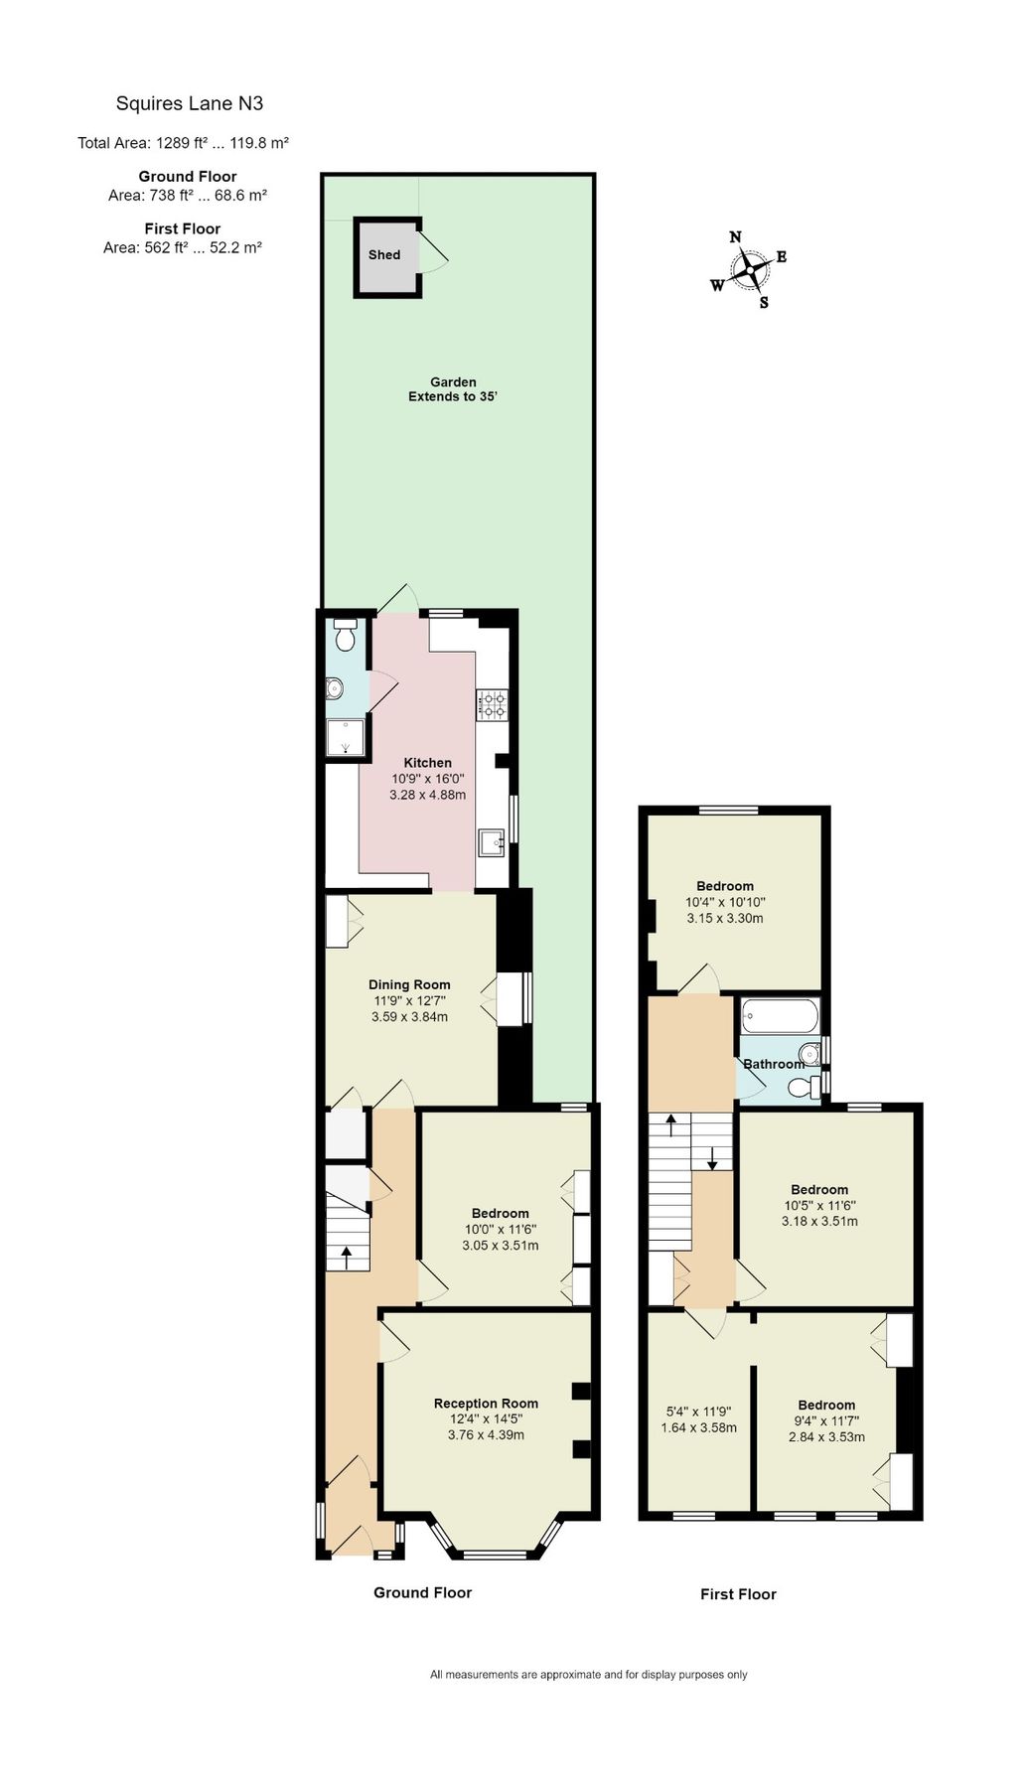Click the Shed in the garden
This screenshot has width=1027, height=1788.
click(x=385, y=255)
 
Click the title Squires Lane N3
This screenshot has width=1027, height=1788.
click(x=190, y=103)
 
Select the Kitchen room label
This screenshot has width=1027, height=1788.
click(x=427, y=763)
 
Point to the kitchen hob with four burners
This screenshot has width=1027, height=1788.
click(x=494, y=704)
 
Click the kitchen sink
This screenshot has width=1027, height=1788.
click(x=493, y=842)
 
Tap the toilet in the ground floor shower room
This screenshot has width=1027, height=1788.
click(x=346, y=636)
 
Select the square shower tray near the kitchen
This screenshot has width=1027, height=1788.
click(x=345, y=736)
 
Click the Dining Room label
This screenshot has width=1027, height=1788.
click(x=409, y=984)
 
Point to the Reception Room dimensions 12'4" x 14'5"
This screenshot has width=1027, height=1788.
click(x=486, y=1419)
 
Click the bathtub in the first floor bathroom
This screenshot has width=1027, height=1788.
click(x=780, y=1016)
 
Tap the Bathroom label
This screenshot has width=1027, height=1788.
click(x=774, y=1064)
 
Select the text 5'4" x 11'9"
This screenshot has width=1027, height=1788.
click(x=698, y=1411)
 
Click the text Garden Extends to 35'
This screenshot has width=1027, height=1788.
click(x=453, y=389)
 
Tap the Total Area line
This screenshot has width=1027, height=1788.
click(x=183, y=143)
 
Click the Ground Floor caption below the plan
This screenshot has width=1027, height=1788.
click(x=422, y=1592)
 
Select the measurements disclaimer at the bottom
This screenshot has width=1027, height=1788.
click(x=588, y=1675)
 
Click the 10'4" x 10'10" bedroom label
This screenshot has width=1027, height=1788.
click(x=725, y=902)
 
